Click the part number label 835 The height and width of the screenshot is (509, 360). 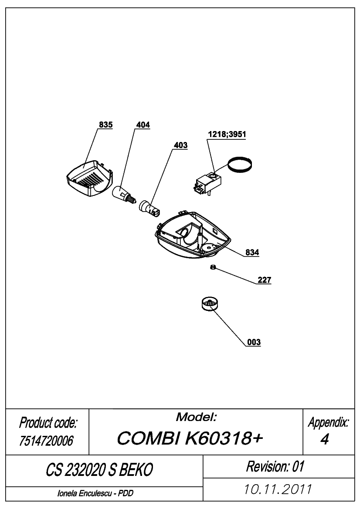pos(105,125)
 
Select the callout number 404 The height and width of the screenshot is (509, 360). pos(143,125)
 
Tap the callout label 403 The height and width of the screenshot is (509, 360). pos(180,145)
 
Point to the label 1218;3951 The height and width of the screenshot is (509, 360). pos(227,135)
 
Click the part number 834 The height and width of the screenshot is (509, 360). pos(252,252)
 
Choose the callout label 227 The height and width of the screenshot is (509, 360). pos(264,280)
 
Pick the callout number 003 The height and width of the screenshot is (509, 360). pos(254,342)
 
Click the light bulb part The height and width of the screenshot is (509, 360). pos(123,195)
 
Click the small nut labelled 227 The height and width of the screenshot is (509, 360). pos(213,267)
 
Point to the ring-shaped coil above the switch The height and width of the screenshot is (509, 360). pos(241,165)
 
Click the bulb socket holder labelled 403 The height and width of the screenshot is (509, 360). pos(149,209)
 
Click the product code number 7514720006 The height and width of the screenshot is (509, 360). pos(46,441)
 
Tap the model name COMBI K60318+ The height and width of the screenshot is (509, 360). pos(190,438)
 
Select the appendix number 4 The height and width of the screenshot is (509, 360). pos(325,439)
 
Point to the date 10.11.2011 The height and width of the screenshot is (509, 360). pos(278,489)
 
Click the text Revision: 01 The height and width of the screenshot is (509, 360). pos(275,466)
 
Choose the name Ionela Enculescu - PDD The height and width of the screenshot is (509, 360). pos(95,493)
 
